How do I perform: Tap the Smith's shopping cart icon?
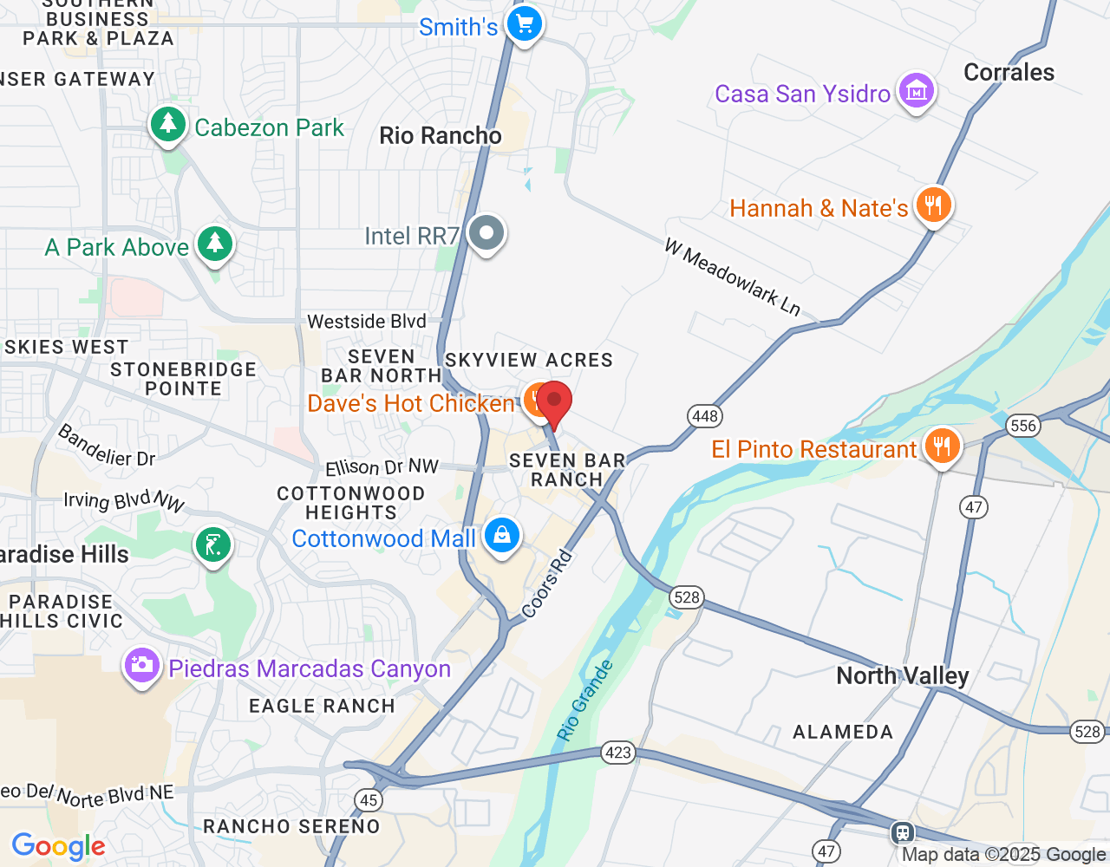(x=524, y=24)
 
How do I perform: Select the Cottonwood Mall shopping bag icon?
(x=501, y=536)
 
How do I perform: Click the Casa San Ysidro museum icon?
(x=916, y=91)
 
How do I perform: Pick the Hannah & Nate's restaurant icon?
(x=933, y=206)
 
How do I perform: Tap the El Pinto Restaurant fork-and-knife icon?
(x=942, y=447)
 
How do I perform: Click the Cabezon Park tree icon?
(x=168, y=125)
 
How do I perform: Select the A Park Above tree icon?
(x=214, y=245)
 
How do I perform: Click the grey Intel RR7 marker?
(x=486, y=233)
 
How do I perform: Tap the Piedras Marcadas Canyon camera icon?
(x=141, y=667)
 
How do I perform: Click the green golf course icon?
(x=213, y=546)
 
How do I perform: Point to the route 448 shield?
(x=705, y=416)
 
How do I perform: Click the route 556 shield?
(x=1023, y=425)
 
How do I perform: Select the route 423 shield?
(x=617, y=752)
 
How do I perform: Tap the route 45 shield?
(x=369, y=800)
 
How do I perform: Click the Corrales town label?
(x=1009, y=73)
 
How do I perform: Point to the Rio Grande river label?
(x=585, y=701)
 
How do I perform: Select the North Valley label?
(x=902, y=676)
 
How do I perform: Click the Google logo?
(x=58, y=846)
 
